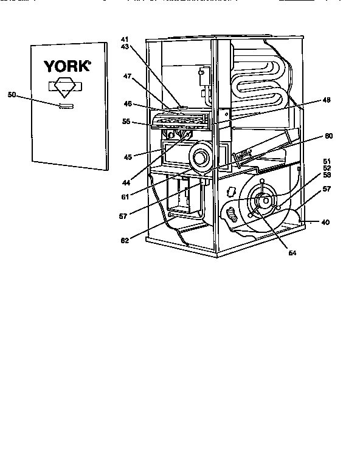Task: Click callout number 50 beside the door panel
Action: [12, 94]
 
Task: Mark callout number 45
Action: [128, 157]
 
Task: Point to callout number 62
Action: [124, 241]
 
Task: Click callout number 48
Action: [327, 101]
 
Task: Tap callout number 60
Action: [328, 136]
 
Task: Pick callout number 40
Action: [325, 223]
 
